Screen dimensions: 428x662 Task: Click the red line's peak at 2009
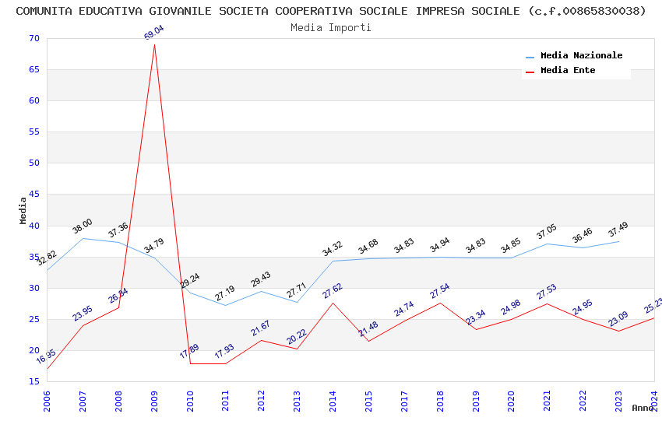tap(154, 44)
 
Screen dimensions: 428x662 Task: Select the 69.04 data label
tap(154, 33)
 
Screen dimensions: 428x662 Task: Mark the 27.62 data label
tap(333, 291)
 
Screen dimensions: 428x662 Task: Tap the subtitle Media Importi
tap(331, 27)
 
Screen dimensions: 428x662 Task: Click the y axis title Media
tap(23, 210)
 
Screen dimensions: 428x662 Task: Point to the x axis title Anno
tap(643, 408)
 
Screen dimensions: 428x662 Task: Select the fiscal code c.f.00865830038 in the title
tap(586, 11)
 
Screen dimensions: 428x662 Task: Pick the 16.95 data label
tap(46, 357)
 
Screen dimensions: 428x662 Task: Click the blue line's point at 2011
tap(226, 305)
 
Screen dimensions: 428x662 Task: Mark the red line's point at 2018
tap(441, 303)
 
